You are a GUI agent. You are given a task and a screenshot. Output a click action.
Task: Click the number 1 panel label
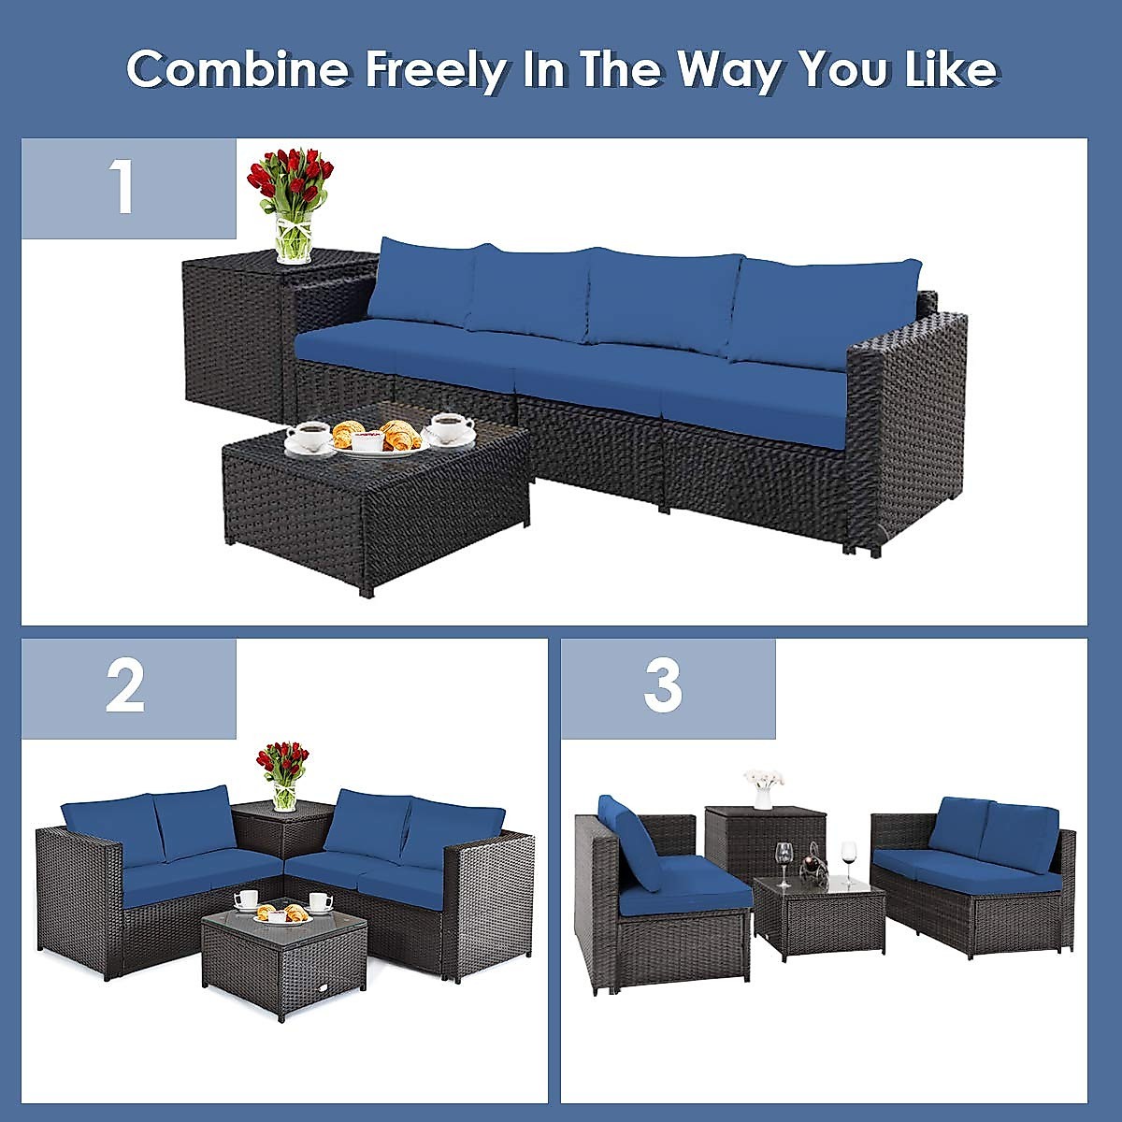(x=123, y=187)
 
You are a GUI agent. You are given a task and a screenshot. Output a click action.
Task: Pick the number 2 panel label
(x=125, y=687)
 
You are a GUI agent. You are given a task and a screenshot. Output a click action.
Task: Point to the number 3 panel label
(x=663, y=687)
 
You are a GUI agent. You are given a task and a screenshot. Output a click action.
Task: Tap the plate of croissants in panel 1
(x=378, y=438)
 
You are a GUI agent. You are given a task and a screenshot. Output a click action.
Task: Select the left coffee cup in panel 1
(x=309, y=436)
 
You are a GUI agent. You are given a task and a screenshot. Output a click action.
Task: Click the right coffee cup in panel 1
(x=451, y=427)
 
